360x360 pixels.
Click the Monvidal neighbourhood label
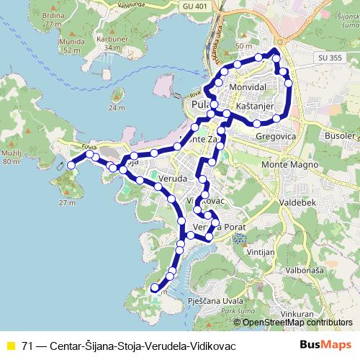pos(248,86)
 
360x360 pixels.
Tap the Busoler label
pos(336,136)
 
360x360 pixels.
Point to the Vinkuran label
pos(297,315)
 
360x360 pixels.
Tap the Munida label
pos(52,42)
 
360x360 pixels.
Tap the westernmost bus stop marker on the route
pos(71,166)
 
